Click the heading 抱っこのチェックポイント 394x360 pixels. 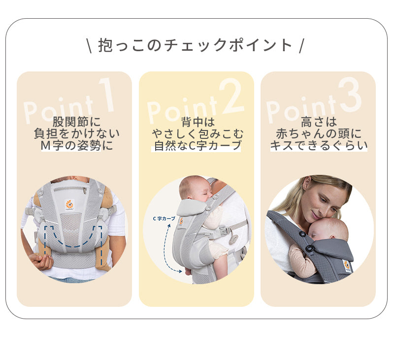point(195,45)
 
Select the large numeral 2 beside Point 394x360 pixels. point(231,96)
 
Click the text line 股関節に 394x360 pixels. point(77,122)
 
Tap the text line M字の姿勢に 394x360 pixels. point(77,145)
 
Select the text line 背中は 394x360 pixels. point(198,122)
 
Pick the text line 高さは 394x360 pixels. point(319,122)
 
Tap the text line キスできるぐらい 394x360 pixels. point(319,145)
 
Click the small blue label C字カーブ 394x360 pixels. point(164,219)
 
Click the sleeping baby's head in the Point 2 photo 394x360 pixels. point(194,188)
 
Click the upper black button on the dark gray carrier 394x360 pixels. point(302,234)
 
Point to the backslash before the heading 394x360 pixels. point(89,45)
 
